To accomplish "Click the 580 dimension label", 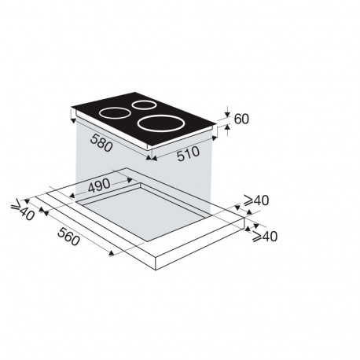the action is [x=101, y=143].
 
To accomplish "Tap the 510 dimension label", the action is [x=188, y=154].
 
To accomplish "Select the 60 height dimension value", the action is [x=241, y=119].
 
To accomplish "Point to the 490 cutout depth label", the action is [x=99, y=186].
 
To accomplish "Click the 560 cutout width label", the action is [x=68, y=237].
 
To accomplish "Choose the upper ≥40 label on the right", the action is [x=256, y=200].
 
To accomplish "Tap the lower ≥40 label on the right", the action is [x=265, y=237].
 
